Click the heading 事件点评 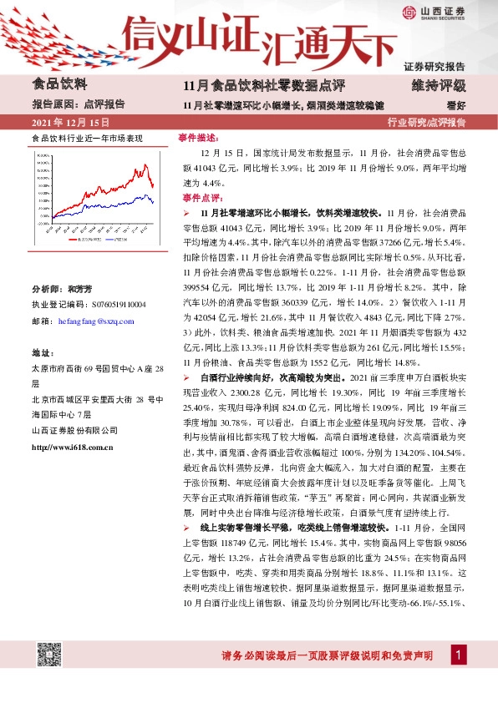(x=200, y=198)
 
